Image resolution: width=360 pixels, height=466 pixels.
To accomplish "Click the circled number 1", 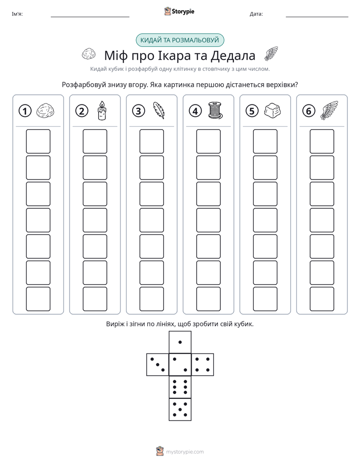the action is coord(25,111).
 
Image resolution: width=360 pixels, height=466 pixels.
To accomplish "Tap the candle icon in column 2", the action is coord(102,110).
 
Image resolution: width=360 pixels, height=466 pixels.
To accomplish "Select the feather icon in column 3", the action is coord(159,110).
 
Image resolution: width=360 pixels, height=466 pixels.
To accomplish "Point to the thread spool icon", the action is coord(215,110).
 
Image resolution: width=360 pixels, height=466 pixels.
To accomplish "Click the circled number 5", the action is coord(252,111).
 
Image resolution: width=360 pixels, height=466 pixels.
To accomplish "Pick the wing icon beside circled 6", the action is coord(329,110).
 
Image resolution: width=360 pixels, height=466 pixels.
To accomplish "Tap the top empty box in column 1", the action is coord(38,141).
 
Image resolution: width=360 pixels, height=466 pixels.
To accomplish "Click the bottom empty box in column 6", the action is coord(322,299).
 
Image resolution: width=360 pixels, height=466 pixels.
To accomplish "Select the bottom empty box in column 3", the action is coord(152,299).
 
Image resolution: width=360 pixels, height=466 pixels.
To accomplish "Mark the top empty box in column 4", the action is coord(209,141).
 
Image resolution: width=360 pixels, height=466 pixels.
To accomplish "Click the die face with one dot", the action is coord(180,342).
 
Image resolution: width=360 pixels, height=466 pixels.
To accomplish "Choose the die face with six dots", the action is coord(180,387).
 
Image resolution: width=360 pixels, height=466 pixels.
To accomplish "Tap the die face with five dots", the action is coord(180,410).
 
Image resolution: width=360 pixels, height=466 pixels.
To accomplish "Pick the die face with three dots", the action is coord(158,365).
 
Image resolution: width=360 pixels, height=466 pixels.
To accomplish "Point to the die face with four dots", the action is coord(203,365).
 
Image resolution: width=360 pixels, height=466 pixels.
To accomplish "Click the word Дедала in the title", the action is coord(233,55).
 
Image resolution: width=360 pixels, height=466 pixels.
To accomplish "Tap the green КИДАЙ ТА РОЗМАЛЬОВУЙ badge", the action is coord(180,40).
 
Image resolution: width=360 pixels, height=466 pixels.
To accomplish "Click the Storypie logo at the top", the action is coord(179,11).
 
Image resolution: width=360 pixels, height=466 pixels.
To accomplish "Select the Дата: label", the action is coord(256,14).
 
